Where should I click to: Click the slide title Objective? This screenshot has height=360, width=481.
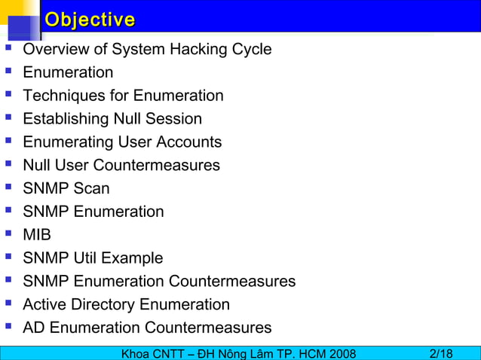pos(90,20)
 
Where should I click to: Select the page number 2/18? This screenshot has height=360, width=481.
pos(441,353)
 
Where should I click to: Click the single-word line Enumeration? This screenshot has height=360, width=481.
pos(68,72)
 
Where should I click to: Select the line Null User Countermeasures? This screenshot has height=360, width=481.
pos(121,165)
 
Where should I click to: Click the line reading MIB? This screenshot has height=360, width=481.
pos(37,235)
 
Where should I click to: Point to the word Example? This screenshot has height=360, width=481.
pos(132,258)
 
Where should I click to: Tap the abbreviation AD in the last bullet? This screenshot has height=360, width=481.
pos(34,328)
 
